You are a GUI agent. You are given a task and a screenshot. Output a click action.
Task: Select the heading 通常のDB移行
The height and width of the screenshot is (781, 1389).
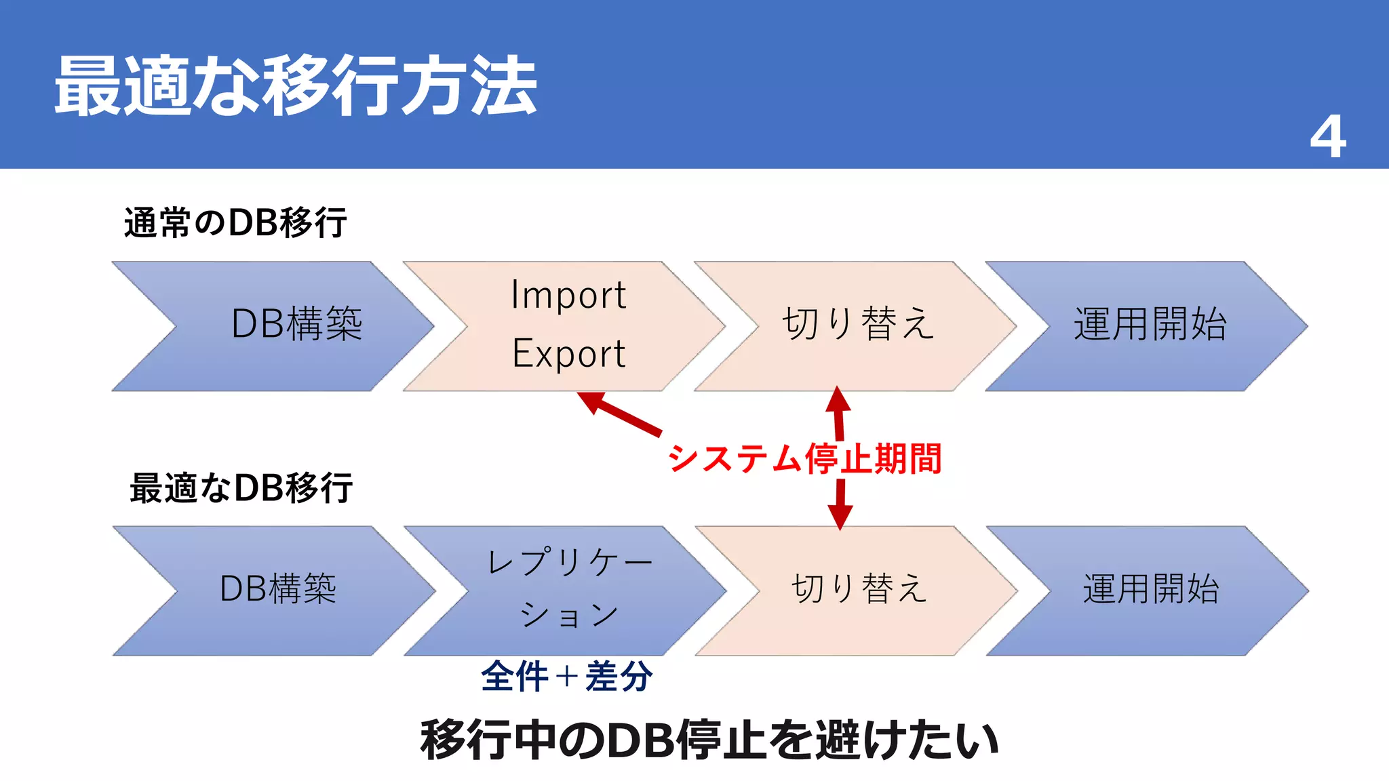(235, 223)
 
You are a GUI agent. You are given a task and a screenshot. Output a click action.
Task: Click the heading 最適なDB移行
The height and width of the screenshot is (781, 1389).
(241, 488)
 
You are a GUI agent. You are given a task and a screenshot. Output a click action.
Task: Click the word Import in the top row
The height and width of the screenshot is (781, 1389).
(568, 295)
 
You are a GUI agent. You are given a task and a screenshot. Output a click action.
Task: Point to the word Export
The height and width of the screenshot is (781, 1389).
(568, 354)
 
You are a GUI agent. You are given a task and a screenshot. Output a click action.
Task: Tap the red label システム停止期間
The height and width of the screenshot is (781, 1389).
(805, 459)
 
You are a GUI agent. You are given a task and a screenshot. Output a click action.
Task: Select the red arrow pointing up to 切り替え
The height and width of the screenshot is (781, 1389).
(839, 414)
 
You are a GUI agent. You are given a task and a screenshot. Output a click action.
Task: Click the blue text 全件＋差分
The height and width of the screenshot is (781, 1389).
(566, 677)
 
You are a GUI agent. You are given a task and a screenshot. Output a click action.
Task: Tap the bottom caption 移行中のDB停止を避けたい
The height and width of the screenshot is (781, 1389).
(709, 740)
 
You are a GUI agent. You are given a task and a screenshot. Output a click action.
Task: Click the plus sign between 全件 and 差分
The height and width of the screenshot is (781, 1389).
(566, 677)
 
